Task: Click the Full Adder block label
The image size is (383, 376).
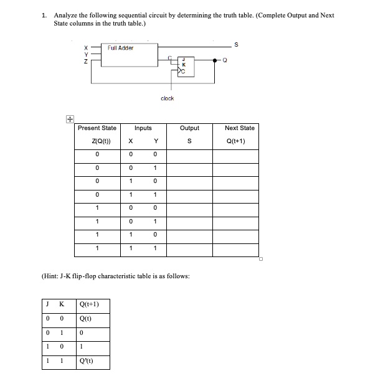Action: pos(120,47)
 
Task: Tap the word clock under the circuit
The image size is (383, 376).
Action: pos(167,98)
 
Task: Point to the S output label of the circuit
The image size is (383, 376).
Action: pos(234,44)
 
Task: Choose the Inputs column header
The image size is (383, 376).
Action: pos(143,128)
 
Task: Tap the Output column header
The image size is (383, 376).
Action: pos(189,128)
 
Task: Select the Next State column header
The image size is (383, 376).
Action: pos(239,128)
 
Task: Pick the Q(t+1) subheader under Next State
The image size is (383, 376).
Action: pos(239,141)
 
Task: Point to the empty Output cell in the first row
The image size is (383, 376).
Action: pos(189,154)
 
